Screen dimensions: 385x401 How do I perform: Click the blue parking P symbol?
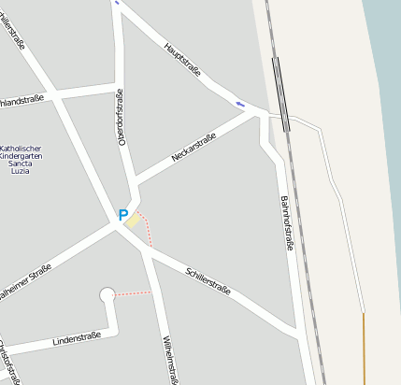(122, 215)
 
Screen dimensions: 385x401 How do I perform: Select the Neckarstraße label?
(194, 147)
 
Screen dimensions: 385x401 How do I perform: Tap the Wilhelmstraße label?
(169, 359)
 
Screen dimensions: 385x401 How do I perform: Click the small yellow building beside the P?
(134, 221)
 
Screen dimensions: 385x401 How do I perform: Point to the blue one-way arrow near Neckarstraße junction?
(240, 103)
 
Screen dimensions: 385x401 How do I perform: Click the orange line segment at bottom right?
(364, 347)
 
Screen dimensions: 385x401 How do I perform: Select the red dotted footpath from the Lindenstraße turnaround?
(133, 293)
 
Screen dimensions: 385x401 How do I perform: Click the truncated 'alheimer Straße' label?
(24, 280)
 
